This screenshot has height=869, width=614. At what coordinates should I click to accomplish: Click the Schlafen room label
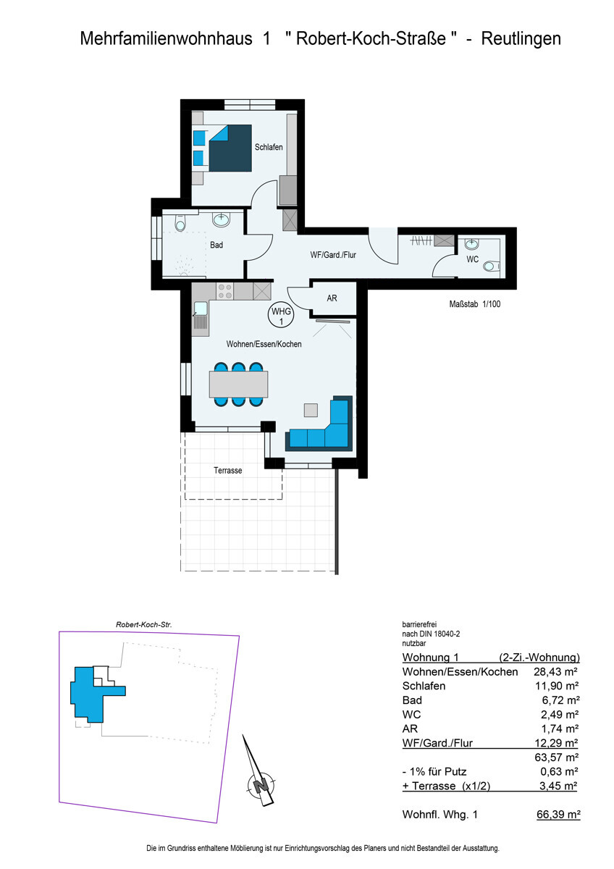tap(268, 147)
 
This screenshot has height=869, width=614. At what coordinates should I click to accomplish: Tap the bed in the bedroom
tap(230, 148)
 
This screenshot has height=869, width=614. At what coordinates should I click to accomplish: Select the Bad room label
tap(216, 245)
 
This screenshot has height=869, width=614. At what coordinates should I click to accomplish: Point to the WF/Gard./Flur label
tap(333, 254)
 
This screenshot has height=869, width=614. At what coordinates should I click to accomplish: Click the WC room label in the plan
tap(472, 259)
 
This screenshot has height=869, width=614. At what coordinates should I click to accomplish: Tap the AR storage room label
tap(332, 298)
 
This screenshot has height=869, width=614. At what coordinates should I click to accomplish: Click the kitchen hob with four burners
tap(225, 291)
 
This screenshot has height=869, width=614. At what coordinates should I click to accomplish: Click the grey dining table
tap(238, 384)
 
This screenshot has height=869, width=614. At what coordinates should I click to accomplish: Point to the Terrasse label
tap(227, 471)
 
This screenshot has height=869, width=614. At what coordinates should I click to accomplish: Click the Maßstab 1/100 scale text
tap(474, 304)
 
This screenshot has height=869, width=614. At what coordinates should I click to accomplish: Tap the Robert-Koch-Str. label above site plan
tap(143, 624)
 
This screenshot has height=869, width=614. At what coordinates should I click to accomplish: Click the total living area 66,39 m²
tap(557, 815)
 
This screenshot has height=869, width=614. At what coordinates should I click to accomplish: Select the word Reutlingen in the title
tap(522, 39)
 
